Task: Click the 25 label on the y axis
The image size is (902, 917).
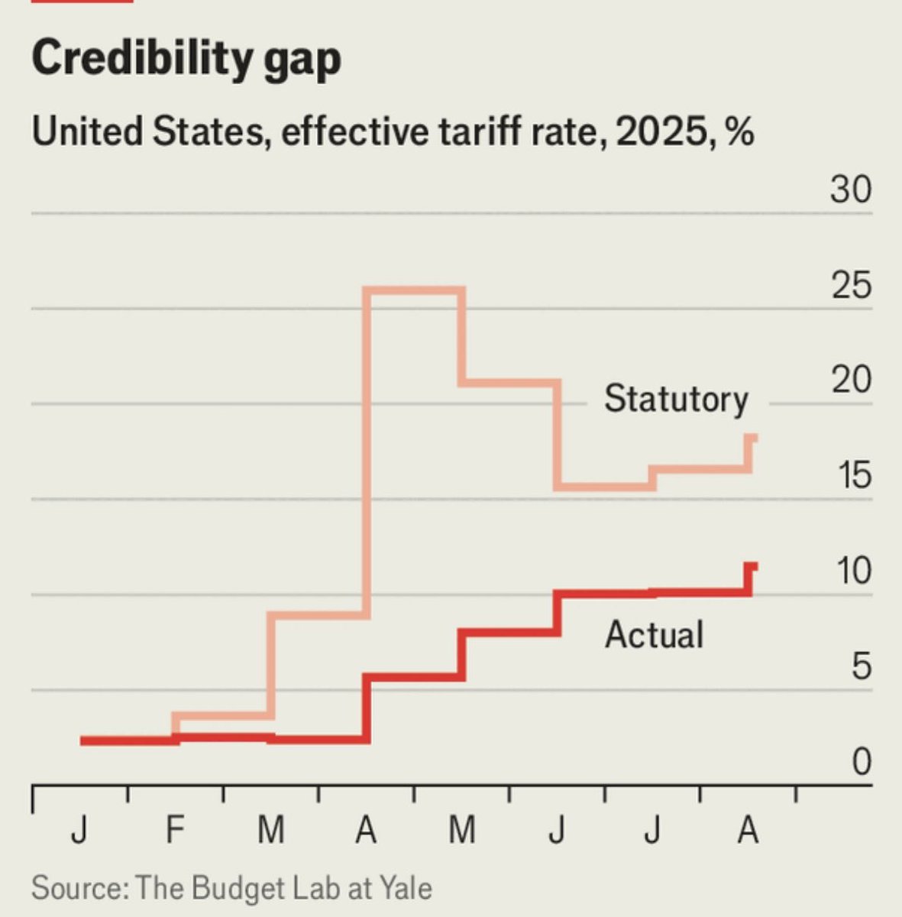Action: click(x=850, y=285)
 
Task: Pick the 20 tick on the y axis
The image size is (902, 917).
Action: click(x=850, y=380)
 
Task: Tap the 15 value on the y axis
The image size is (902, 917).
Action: click(x=853, y=475)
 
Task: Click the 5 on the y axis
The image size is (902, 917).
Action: click(x=861, y=666)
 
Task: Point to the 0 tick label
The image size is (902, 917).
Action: click(x=861, y=762)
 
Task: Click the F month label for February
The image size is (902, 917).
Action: click(x=175, y=829)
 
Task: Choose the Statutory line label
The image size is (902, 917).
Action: click(x=676, y=399)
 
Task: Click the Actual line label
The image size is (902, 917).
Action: click(x=654, y=635)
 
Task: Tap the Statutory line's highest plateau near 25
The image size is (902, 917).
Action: click(x=415, y=291)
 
